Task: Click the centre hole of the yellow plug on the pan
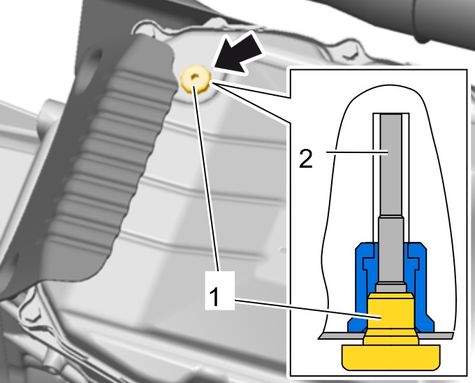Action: pyautogui.click(x=196, y=76)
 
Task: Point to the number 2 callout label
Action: pyautogui.click(x=305, y=160)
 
